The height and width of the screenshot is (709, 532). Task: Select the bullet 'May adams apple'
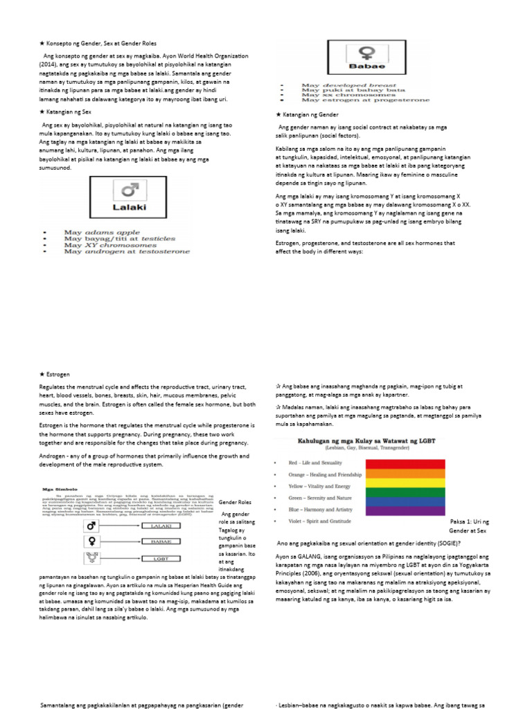tap(94, 233)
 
